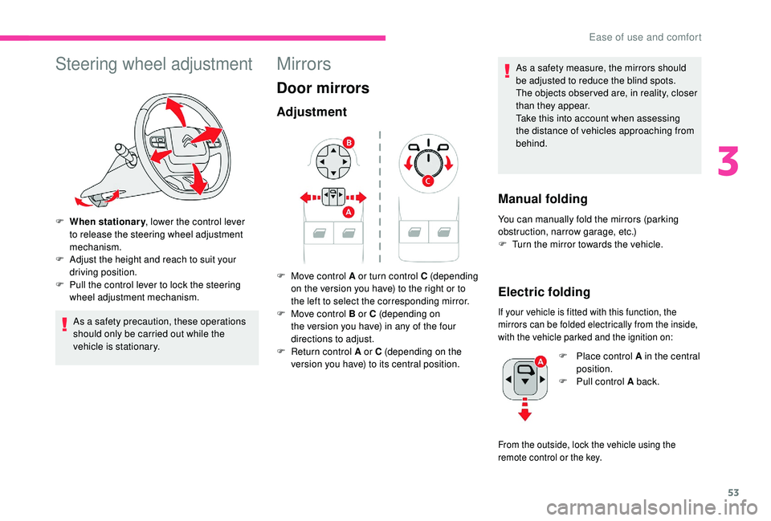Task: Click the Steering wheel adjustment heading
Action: (154, 64)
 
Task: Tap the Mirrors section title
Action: (304, 64)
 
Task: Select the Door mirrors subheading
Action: (323, 88)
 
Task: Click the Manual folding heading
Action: (543, 199)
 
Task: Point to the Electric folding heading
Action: (545, 292)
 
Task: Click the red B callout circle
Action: (349, 143)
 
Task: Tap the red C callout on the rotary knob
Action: (428, 181)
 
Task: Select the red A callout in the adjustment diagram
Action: (348, 212)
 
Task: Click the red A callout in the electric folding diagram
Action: (541, 361)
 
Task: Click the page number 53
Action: (733, 493)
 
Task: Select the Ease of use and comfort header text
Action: (645, 38)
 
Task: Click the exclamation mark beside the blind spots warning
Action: (507, 71)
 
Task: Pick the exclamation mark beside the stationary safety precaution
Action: (64, 325)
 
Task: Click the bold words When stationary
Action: (108, 222)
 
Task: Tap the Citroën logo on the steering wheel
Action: (187, 140)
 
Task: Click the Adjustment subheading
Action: (312, 112)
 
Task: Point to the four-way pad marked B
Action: (332, 161)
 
